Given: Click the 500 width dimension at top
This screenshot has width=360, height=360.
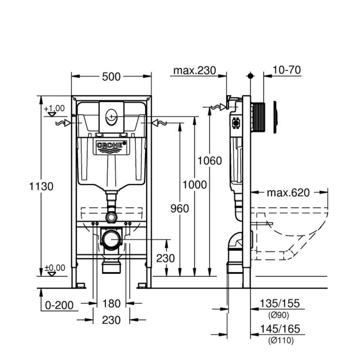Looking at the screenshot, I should [x=111, y=77].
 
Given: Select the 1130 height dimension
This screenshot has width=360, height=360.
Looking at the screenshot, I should [x=41, y=186].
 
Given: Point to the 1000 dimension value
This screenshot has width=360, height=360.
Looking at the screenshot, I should [x=195, y=185].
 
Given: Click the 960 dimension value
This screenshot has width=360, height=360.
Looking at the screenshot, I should [x=179, y=208].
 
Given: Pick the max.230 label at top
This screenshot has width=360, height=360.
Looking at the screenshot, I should [x=195, y=70].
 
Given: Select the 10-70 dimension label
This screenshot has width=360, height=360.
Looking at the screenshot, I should [x=287, y=70].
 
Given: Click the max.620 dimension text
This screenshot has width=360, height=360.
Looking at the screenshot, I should [x=288, y=193].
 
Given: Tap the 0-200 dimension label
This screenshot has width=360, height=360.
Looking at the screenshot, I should [x=59, y=305].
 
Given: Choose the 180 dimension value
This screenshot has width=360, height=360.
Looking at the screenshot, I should [x=111, y=303].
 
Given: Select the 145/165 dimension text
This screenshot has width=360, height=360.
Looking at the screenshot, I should [x=280, y=329].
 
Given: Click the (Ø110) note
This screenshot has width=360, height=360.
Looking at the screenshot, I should [x=280, y=341].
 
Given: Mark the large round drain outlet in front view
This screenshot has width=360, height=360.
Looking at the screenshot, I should [x=112, y=240].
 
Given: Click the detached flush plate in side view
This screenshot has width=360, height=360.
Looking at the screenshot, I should [x=275, y=117].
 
